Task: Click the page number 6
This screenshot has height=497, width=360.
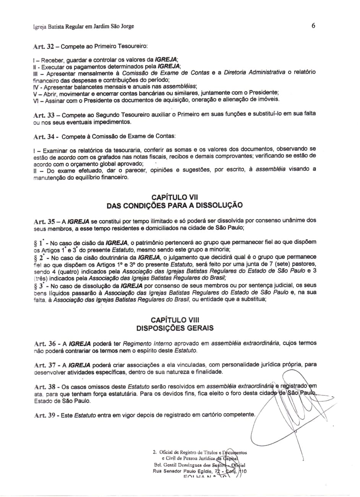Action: pos(313,26)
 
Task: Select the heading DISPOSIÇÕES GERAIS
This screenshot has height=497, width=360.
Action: pos(175,328)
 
